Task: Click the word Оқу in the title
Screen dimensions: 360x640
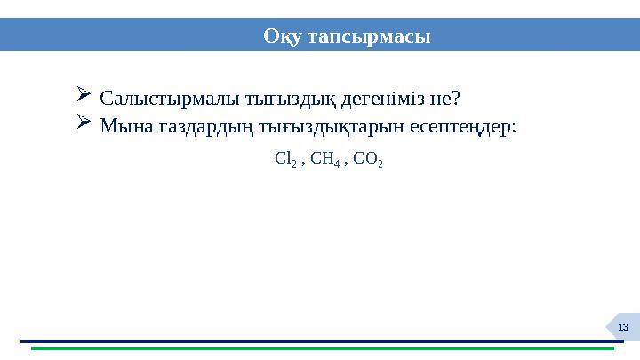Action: point(282,36)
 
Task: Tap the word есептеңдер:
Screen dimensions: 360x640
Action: point(463,126)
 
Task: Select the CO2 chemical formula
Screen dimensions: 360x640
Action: point(368,161)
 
